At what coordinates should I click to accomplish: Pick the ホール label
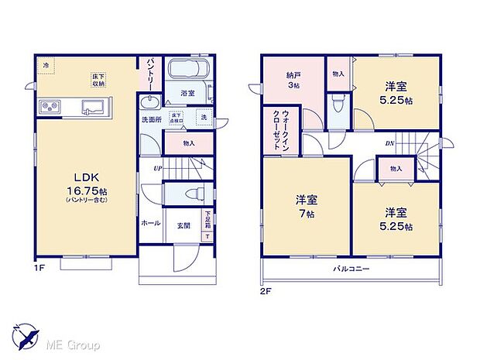click(x=150, y=223)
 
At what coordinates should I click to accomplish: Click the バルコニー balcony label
click(x=351, y=269)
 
